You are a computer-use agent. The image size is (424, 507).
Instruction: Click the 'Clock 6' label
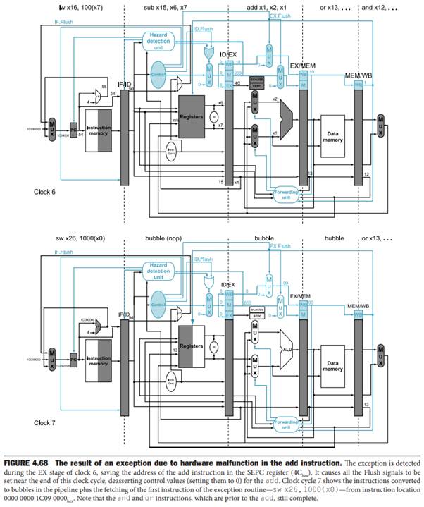point(47,191)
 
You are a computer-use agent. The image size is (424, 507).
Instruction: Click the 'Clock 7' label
point(47,422)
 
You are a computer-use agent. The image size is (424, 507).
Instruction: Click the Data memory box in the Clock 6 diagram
point(332,134)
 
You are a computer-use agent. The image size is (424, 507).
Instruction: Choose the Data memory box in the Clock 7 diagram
point(332,365)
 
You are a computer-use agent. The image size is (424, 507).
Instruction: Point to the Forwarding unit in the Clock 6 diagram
point(285,193)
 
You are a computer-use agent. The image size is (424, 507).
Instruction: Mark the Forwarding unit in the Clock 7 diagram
point(285,424)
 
